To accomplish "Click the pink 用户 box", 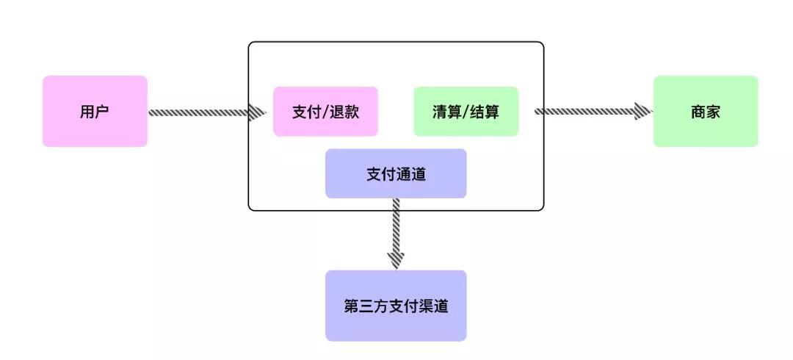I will (95, 111).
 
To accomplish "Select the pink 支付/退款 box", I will (325, 112).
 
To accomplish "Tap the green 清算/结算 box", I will (466, 112).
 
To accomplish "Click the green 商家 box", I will (705, 111).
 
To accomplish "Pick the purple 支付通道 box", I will (396, 173).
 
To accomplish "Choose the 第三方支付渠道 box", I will (396, 306).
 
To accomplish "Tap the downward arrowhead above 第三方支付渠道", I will (396, 259).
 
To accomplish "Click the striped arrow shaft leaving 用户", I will (198, 112).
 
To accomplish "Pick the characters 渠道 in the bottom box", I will (431, 306).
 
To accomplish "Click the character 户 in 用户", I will (103, 112).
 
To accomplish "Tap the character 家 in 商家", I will (713, 112).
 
